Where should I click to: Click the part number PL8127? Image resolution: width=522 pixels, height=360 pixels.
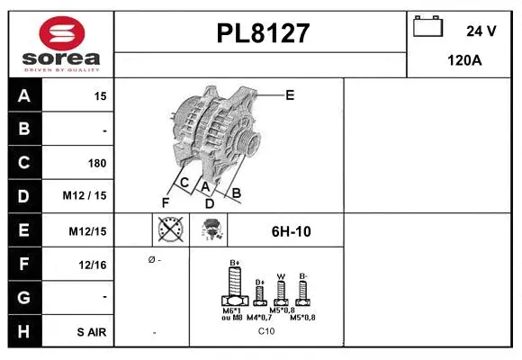[263, 33]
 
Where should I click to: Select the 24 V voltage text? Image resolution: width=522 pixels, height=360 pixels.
[481, 31]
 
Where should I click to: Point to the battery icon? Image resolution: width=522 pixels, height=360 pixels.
[427, 28]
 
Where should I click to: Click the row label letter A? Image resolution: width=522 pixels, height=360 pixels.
[23, 95]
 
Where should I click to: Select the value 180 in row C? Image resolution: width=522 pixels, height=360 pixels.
[96, 164]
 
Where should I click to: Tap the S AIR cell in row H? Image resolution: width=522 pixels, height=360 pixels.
[91, 332]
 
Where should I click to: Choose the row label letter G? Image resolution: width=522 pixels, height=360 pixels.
[23, 298]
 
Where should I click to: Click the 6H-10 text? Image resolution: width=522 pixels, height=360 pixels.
[291, 231]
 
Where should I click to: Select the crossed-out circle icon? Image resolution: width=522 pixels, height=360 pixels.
[169, 230]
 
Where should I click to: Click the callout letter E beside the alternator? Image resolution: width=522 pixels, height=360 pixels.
[289, 94]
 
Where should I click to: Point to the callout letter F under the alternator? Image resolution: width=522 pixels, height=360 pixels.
[166, 202]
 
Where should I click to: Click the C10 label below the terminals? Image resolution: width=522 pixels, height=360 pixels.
[266, 331]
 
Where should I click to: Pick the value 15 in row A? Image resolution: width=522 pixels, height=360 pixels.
[100, 95]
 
